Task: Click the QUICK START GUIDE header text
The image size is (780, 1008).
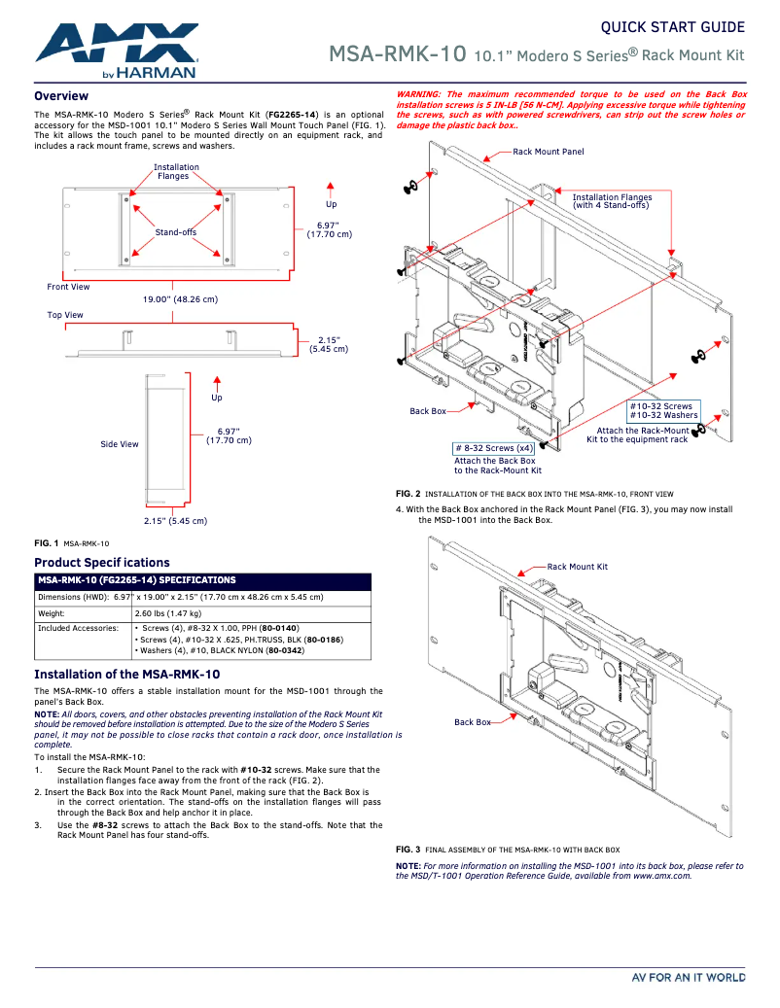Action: [673, 27]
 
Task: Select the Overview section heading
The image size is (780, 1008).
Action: [61, 96]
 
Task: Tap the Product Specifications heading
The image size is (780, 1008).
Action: [102, 563]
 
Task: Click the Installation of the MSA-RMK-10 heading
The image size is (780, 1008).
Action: [127, 674]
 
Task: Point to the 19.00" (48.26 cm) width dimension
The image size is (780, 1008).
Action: [180, 299]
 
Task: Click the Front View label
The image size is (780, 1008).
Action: [68, 287]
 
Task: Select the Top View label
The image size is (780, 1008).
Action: [65, 315]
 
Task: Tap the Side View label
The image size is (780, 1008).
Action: [120, 444]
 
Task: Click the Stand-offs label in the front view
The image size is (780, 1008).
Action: [176, 232]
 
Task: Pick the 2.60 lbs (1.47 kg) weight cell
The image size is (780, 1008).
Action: [167, 613]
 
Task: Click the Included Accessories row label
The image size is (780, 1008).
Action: [78, 629]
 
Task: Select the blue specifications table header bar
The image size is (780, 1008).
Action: [202, 580]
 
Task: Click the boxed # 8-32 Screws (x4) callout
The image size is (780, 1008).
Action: [493, 448]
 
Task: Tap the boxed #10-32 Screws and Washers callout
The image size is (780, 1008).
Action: [663, 410]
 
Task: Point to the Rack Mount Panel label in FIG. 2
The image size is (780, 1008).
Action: [549, 153]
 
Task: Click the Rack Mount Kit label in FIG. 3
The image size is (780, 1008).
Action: [577, 567]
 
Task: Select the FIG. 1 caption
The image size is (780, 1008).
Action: [71, 543]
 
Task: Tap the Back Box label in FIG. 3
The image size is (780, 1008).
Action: [473, 722]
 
